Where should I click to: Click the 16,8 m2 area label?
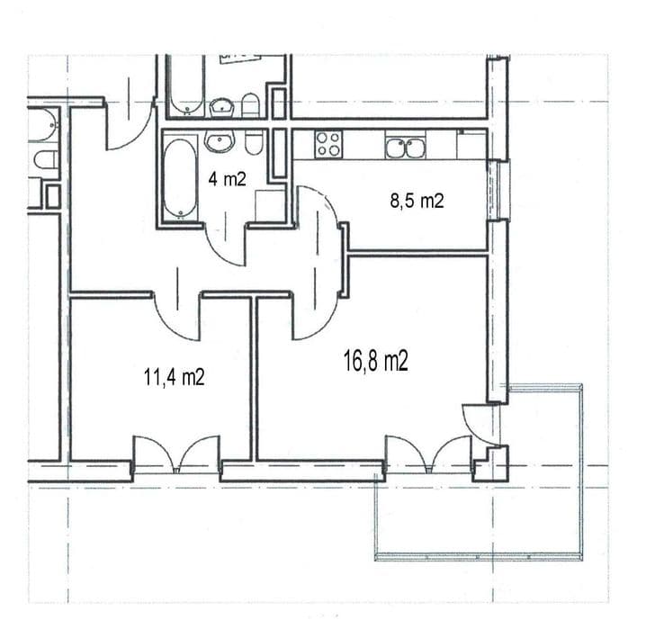[x=375, y=361]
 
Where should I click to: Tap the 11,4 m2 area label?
[x=174, y=377]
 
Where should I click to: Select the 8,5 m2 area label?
[x=417, y=201]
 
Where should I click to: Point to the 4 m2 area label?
[x=228, y=180]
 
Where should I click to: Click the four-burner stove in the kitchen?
[x=328, y=145]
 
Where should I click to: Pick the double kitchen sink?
[x=405, y=148]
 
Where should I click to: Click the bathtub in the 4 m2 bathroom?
[x=180, y=178]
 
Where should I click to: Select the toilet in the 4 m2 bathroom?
[x=253, y=142]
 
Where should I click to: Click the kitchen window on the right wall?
[x=499, y=189]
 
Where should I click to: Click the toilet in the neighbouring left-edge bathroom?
[x=46, y=160]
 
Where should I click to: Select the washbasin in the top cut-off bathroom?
[x=221, y=108]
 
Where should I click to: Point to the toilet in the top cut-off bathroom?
[x=251, y=105]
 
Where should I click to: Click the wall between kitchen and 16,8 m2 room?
[x=417, y=252]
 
